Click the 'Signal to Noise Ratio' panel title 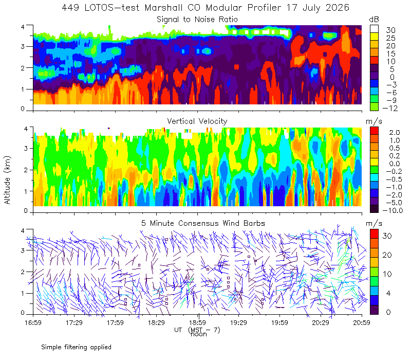pyautogui.click(x=197, y=20)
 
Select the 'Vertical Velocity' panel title pyautogui.click(x=197, y=121)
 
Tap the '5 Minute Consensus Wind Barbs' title pyautogui.click(x=203, y=223)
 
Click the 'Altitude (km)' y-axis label pyautogui.click(x=7, y=180)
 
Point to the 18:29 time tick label pyautogui.click(x=156, y=322)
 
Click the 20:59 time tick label pyautogui.click(x=362, y=322)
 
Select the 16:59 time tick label pyautogui.click(x=33, y=322)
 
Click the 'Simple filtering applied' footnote pyautogui.click(x=76, y=348)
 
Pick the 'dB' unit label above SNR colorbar pyautogui.click(x=374, y=20)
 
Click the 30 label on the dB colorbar pyautogui.click(x=390, y=30)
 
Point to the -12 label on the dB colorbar pyautogui.click(x=390, y=108)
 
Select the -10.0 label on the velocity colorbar pyautogui.click(x=393, y=210)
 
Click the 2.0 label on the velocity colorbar pyautogui.click(x=395, y=133)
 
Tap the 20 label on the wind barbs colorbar pyautogui.click(x=387, y=255)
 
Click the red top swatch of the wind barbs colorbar pyautogui.click(x=374, y=233)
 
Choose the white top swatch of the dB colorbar pyautogui.click(x=374, y=29)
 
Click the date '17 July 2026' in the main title pyautogui.click(x=317, y=8)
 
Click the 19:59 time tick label pyautogui.click(x=279, y=322)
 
